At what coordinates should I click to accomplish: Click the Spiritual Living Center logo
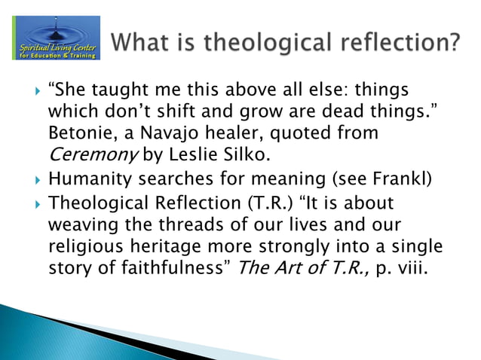55,38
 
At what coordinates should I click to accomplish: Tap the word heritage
168,247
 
